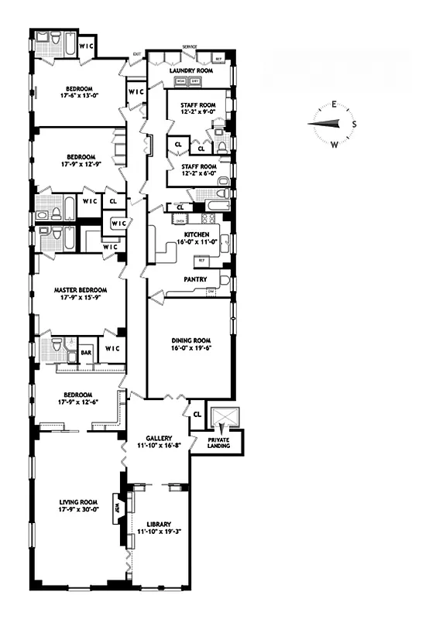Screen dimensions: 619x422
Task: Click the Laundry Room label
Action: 190,70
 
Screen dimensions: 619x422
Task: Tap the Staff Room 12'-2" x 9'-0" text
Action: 198,106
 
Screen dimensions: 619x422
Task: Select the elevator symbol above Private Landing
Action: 223,419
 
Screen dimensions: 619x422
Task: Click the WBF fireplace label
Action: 118,508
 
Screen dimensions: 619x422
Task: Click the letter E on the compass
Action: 334,104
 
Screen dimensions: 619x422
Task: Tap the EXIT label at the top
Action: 137,53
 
